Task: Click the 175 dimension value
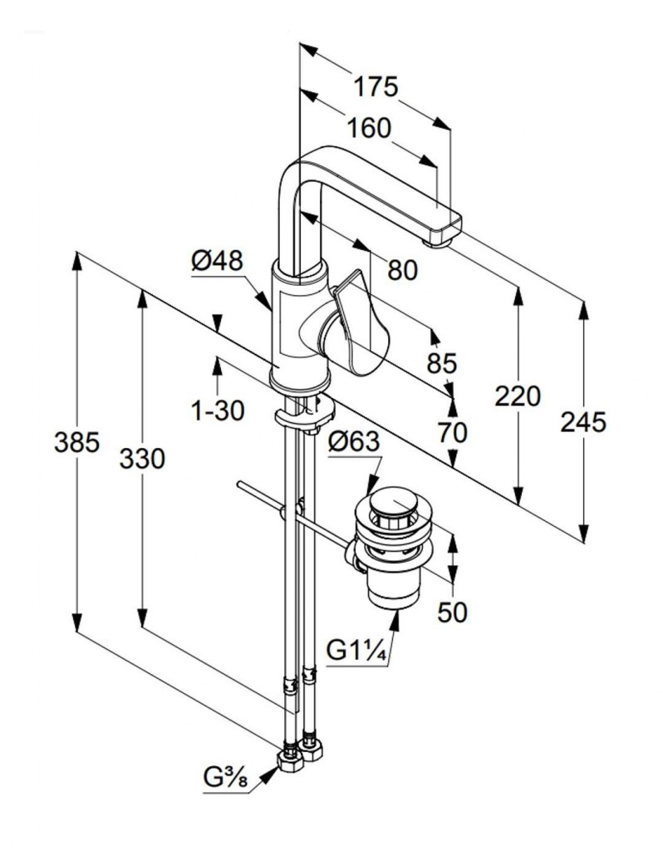click(376, 86)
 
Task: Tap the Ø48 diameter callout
click(217, 262)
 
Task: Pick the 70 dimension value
click(453, 432)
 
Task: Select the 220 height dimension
click(518, 396)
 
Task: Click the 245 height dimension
click(582, 422)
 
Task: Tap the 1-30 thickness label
click(217, 410)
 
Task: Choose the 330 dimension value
click(141, 458)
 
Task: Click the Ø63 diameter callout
click(353, 443)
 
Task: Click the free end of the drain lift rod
click(239, 484)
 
